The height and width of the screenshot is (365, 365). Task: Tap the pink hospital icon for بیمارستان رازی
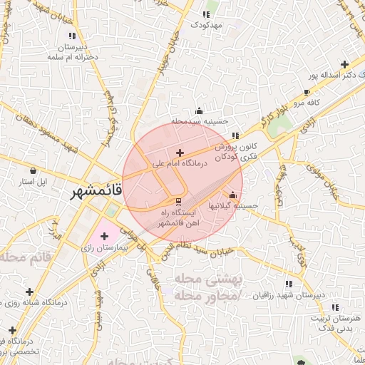click(104, 235)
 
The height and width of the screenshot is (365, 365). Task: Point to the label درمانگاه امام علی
click(179, 163)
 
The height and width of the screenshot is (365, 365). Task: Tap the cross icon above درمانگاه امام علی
click(180, 153)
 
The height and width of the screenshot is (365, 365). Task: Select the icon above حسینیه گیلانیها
click(232, 195)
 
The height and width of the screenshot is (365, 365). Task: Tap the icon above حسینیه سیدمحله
click(199, 110)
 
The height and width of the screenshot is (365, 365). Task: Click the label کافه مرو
click(307, 103)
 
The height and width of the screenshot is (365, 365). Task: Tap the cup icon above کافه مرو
click(307, 93)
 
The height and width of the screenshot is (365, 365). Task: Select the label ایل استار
click(34, 182)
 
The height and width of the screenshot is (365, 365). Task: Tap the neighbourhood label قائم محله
click(28, 256)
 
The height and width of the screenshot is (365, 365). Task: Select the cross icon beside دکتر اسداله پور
click(345, 64)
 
